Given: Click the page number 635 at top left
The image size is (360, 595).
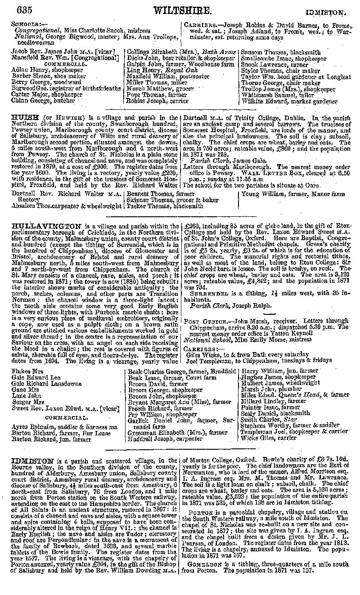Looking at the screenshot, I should point(26,9).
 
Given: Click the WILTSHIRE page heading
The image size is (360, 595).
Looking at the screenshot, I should point(182,10).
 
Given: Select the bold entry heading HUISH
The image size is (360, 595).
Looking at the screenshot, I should point(23,117).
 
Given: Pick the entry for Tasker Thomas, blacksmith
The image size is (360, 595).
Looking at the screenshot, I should point(158,206).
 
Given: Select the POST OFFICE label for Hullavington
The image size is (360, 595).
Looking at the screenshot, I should point(201,321).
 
